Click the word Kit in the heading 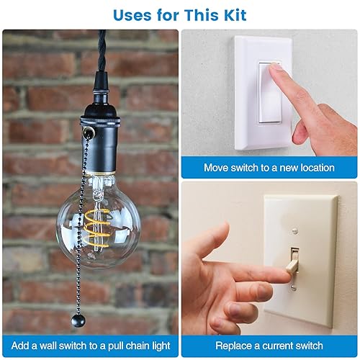point(232,14)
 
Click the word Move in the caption point(217,168)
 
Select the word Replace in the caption point(235,345)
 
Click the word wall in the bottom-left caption point(50,345)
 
